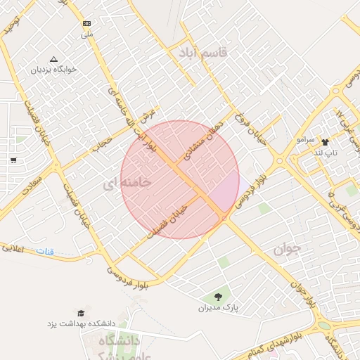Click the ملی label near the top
point(86,34)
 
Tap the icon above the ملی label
point(86,23)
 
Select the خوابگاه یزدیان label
point(55,70)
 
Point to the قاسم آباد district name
point(203,53)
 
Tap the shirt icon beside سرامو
point(325,142)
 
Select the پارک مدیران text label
point(217,307)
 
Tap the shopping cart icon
point(13,160)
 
